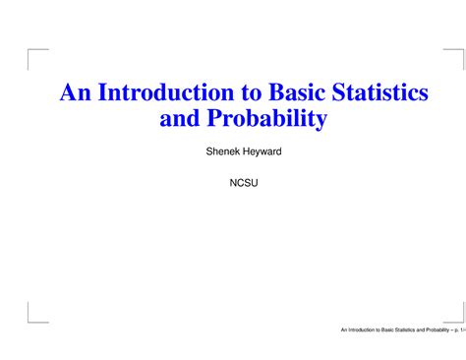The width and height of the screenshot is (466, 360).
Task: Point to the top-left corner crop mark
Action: click(34, 54)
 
